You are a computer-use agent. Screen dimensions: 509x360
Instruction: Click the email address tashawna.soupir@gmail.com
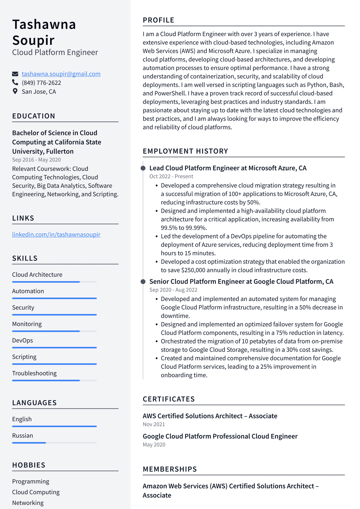tap(61, 74)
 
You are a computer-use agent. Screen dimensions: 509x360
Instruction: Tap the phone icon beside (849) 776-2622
tap(15, 83)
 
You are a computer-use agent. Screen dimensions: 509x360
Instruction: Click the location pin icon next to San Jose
tap(15, 91)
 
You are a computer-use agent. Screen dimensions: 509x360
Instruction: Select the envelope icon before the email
tap(15, 74)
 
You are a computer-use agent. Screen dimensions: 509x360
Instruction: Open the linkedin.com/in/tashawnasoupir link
tap(56, 235)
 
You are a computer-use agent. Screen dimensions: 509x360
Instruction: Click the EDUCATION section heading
tap(33, 116)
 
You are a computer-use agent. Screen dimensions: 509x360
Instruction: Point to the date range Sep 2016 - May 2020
tap(36, 160)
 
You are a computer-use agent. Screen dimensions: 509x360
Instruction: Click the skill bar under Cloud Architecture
tap(54, 282)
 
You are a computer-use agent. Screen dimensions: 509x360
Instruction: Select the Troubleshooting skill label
tap(34, 373)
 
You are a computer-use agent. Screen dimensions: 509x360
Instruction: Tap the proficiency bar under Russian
tap(54, 443)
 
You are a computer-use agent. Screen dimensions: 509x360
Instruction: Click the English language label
tap(22, 419)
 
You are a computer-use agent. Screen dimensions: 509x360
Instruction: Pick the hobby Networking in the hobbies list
tap(28, 503)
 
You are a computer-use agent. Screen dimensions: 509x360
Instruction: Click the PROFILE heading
tap(158, 20)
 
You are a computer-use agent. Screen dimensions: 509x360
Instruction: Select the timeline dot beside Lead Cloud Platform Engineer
tap(143, 168)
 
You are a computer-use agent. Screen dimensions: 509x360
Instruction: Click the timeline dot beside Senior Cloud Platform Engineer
tap(143, 282)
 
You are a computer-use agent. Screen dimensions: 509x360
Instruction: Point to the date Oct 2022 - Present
tap(171, 176)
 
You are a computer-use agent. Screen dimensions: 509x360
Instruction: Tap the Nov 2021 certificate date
tap(154, 424)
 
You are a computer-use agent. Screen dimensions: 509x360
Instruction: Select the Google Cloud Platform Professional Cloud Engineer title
tap(220, 437)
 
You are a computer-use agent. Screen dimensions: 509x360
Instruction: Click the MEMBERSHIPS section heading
tap(170, 469)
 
